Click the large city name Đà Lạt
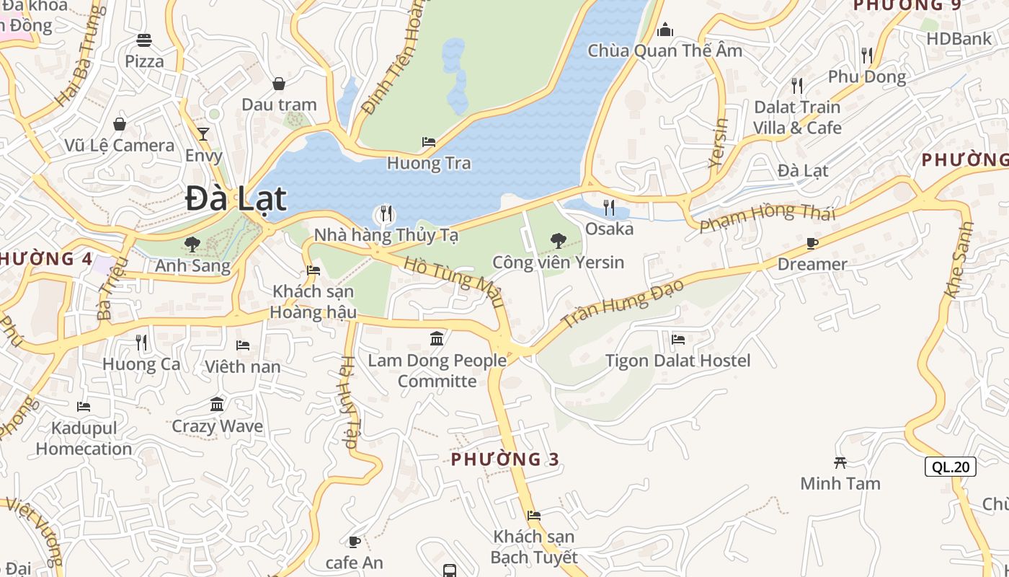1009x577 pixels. tap(236, 198)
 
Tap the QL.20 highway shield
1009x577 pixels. tap(950, 467)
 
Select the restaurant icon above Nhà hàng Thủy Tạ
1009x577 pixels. tap(386, 213)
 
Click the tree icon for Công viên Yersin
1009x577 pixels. tap(558, 241)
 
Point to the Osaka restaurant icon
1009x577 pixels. tap(609, 208)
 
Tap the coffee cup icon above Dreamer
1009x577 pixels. tap(812, 243)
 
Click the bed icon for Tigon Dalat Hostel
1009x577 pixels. tap(677, 339)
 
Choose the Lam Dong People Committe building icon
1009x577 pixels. tap(437, 338)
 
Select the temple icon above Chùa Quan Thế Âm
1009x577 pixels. tap(664, 30)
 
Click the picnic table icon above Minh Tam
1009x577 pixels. tap(840, 462)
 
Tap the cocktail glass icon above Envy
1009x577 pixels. tap(203, 133)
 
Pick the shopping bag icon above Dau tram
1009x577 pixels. tap(279, 84)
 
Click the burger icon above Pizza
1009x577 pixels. tap(144, 40)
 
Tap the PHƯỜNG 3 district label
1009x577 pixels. tap(505, 459)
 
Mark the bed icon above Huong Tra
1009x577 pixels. tap(429, 142)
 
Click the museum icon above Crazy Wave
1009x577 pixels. tap(217, 404)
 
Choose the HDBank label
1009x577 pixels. tap(959, 39)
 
